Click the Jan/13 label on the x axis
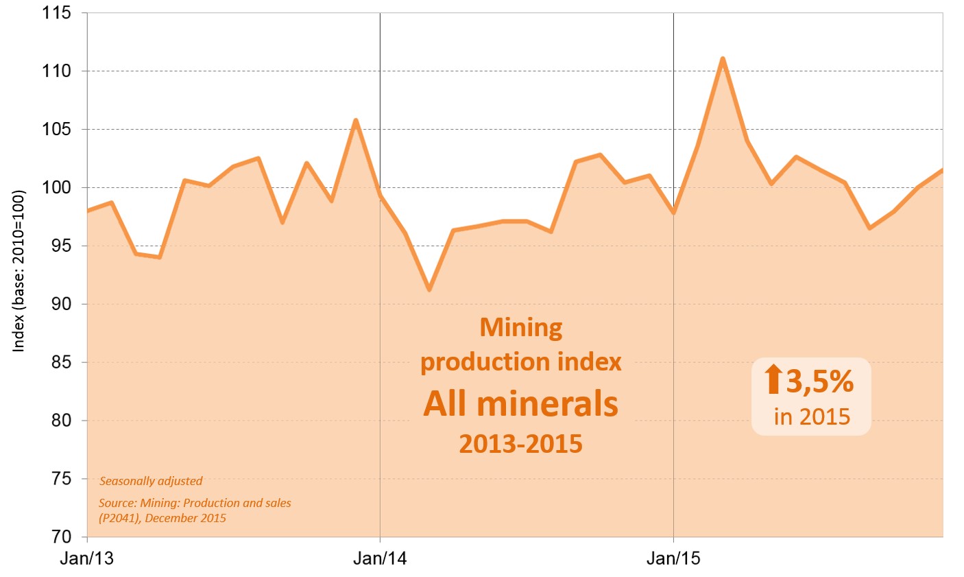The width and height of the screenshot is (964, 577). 86,558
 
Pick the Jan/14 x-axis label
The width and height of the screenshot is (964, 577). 380,558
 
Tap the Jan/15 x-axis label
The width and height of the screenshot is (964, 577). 673,558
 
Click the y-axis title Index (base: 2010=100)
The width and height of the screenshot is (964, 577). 19,270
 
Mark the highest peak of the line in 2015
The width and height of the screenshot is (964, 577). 723,59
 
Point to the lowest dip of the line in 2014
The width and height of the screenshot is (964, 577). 429,290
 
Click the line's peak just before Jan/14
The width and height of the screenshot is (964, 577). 355,121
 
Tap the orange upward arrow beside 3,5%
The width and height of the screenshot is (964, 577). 773,379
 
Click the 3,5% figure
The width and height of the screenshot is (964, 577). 820,381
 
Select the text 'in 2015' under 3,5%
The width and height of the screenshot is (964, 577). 812,416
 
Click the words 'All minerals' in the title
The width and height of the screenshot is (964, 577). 520,403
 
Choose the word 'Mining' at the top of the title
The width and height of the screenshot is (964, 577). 521,327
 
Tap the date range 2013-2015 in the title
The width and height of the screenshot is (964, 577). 520,444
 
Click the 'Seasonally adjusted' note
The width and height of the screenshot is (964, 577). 151,481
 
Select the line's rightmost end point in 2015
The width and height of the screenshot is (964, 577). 942,170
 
